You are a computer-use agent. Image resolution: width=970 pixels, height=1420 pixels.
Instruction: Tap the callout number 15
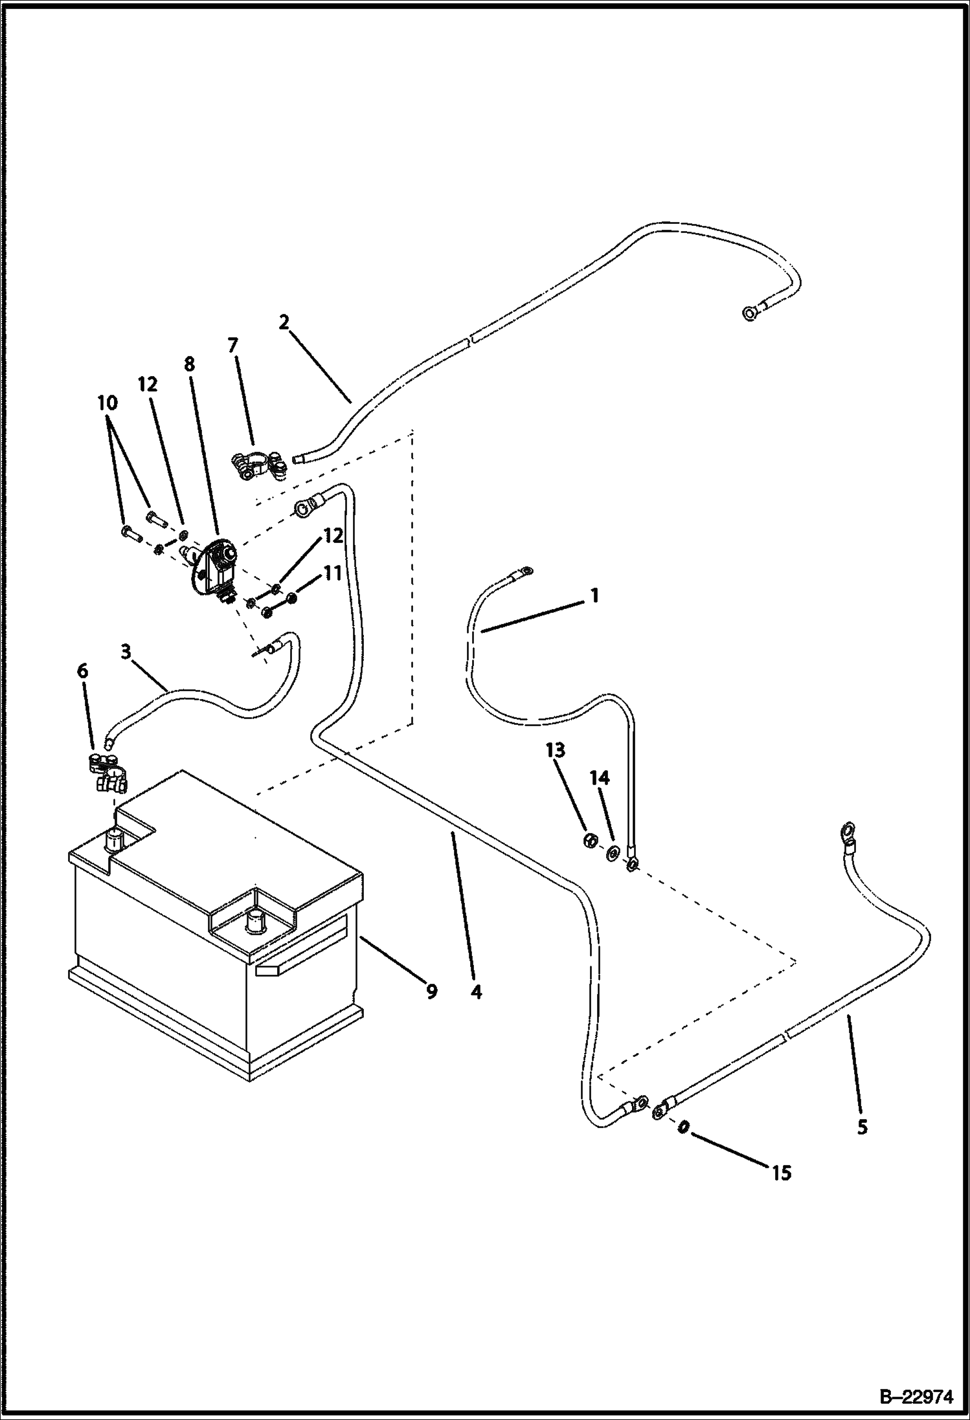(x=782, y=1173)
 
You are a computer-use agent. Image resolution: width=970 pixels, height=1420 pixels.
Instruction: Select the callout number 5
(x=863, y=1127)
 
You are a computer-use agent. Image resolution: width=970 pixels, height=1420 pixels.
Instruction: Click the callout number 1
(x=594, y=595)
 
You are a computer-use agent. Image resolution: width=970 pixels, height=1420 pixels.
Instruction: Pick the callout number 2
(x=284, y=322)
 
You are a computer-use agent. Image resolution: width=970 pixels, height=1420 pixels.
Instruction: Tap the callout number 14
(x=600, y=777)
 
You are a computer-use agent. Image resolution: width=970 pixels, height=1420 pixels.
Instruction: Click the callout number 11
(x=332, y=573)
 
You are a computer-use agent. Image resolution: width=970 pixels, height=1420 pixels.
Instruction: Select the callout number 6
(x=83, y=671)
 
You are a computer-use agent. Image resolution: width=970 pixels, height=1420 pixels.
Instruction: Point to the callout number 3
(x=126, y=651)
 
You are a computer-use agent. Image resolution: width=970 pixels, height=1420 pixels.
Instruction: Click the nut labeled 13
(x=590, y=841)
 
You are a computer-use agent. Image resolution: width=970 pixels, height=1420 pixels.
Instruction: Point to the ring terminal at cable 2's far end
(x=749, y=314)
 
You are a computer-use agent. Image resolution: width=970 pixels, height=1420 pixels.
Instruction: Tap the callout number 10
(x=107, y=403)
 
